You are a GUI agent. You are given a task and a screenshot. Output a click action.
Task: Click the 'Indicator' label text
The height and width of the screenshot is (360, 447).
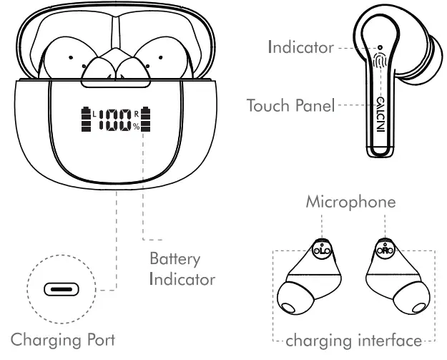300,48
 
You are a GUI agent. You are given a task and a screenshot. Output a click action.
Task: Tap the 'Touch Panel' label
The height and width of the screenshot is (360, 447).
290,106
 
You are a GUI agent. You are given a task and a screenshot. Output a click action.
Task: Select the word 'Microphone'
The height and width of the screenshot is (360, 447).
350,202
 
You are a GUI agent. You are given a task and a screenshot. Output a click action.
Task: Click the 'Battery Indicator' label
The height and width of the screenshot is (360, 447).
182,268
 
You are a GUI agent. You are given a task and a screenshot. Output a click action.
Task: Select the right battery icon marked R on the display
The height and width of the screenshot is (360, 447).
147,120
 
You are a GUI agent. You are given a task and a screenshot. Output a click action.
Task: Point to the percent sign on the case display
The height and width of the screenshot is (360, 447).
136,127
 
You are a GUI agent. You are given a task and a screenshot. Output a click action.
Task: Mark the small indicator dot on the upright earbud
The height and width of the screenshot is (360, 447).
380,48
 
